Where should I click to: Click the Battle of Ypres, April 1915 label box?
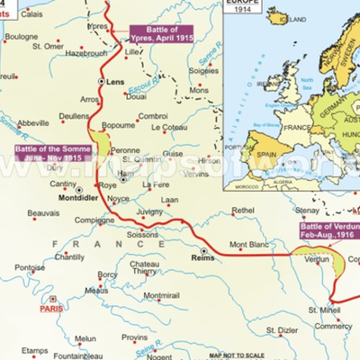coord(160,34)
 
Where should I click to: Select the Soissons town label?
coord(143,236)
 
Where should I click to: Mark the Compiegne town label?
coord(94,220)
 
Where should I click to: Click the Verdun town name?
coord(318,258)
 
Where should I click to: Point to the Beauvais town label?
coord(43,213)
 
